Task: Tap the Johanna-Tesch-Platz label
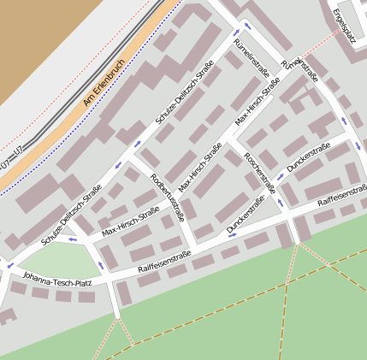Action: click(x=57, y=280)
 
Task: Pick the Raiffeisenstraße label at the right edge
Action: click(x=341, y=199)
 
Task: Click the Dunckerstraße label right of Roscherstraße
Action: click(x=308, y=158)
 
